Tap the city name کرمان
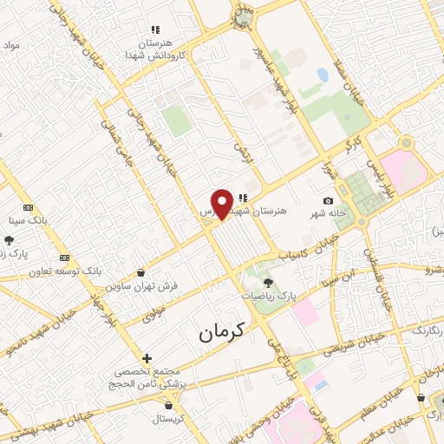point(221,330)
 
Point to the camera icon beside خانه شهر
point(328,201)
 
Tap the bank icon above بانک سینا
point(29,207)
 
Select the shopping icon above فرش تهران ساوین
point(140,272)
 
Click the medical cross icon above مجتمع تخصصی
point(147,357)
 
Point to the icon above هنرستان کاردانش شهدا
point(156,29)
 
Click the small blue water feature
point(323,75)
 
